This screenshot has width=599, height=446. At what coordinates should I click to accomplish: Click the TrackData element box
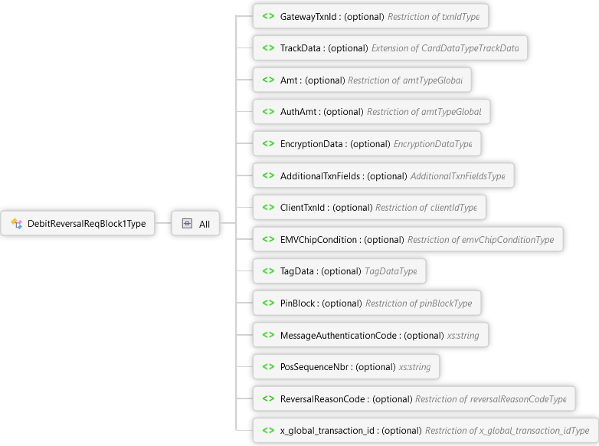point(390,48)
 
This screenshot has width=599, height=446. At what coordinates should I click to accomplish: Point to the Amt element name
point(289,80)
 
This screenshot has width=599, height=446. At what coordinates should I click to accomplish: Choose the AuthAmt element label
point(298,112)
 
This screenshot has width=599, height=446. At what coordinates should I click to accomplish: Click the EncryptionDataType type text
point(432,144)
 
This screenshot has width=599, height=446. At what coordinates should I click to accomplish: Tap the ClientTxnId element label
point(303,208)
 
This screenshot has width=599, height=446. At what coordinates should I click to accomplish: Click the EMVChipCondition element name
point(319,240)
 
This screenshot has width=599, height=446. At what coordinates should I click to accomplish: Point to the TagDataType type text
point(391,271)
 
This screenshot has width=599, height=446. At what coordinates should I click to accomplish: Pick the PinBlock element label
point(298,303)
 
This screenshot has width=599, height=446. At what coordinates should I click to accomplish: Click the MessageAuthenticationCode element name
point(339,335)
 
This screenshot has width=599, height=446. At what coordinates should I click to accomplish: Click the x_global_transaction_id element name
point(328,431)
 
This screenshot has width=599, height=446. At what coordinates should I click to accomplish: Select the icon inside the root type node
point(16,224)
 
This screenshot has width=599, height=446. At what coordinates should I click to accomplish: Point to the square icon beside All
point(187,224)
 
